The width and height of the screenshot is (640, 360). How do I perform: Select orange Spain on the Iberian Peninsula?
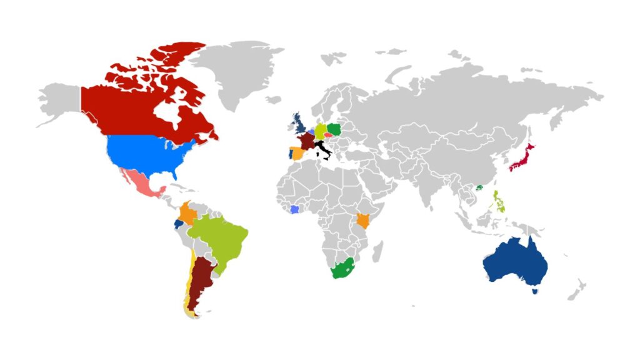click(297, 153)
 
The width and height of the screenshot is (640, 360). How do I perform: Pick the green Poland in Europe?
click(335, 129)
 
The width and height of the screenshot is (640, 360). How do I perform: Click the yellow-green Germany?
click(320, 131)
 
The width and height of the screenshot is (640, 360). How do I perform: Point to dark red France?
click(307, 140)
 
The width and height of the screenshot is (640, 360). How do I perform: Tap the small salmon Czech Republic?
click(327, 135)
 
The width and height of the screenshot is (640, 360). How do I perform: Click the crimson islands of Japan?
click(522, 157)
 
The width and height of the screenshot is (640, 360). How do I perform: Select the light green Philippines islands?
click(499, 202)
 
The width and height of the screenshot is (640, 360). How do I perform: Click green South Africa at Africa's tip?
click(341, 269)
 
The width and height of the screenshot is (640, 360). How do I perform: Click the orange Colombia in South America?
click(186, 214)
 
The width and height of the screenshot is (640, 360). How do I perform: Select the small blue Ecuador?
click(179, 224)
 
